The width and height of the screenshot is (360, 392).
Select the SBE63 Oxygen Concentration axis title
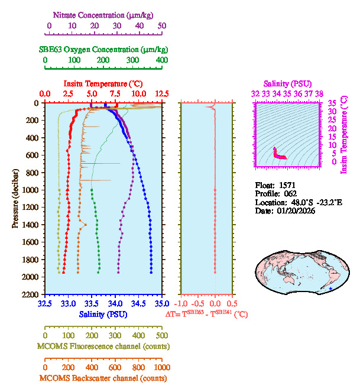[103, 49]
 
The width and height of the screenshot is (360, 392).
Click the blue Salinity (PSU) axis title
[103, 314]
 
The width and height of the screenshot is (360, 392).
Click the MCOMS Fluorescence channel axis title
[103, 346]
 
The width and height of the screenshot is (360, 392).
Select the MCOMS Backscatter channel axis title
[103, 378]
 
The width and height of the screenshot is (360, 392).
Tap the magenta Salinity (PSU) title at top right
[286, 84]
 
